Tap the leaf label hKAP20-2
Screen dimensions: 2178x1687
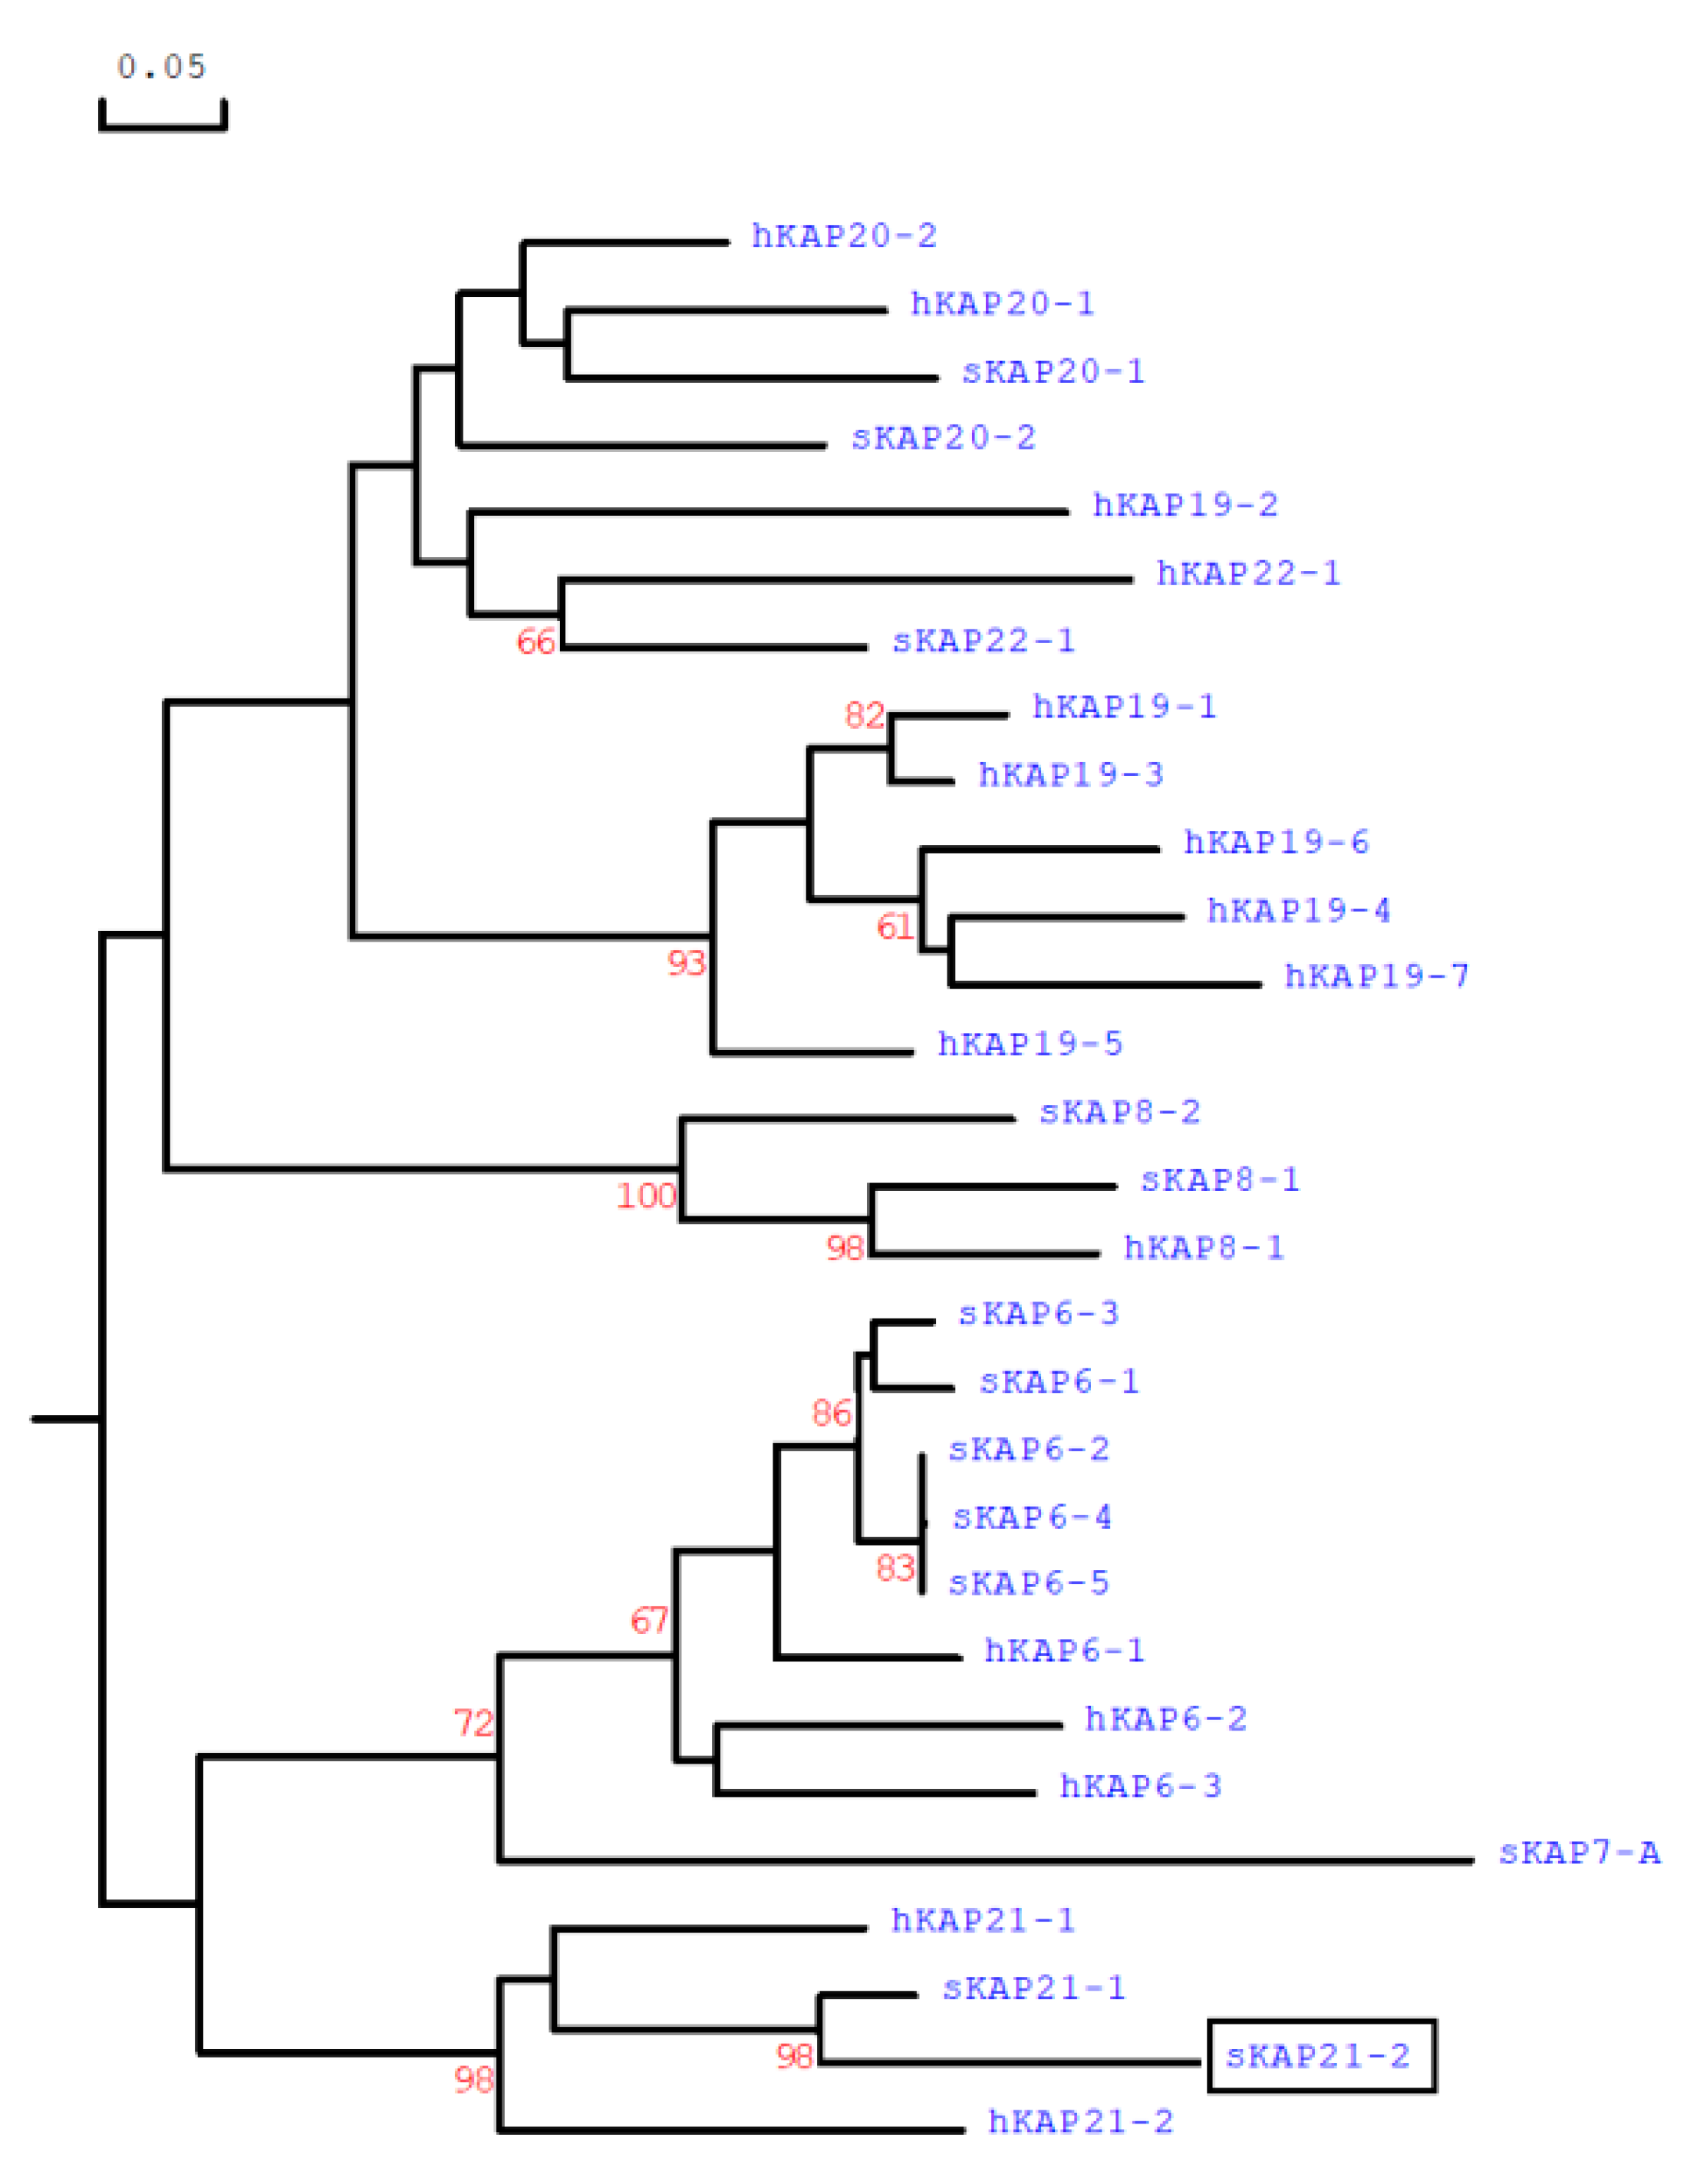click(844, 236)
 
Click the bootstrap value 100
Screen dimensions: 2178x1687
click(646, 1195)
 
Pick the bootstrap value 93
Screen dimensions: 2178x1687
click(686, 962)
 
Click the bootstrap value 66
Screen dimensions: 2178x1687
click(535, 642)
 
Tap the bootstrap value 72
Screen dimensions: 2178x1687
click(473, 1722)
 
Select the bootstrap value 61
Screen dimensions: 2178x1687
click(895, 927)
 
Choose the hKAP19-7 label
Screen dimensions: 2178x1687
click(1376, 975)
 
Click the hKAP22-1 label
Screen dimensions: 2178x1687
click(1248, 573)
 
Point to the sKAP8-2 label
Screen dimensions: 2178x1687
click(1120, 1111)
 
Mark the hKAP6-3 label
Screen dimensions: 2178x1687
click(1139, 1785)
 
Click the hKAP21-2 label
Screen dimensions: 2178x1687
click(1080, 2121)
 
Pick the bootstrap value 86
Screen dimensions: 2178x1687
click(832, 1412)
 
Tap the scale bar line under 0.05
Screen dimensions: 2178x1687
click(163, 127)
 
